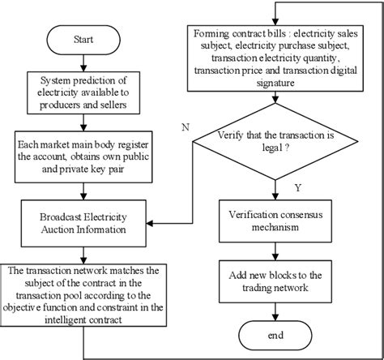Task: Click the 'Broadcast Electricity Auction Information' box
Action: pyautogui.click(x=84, y=221)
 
